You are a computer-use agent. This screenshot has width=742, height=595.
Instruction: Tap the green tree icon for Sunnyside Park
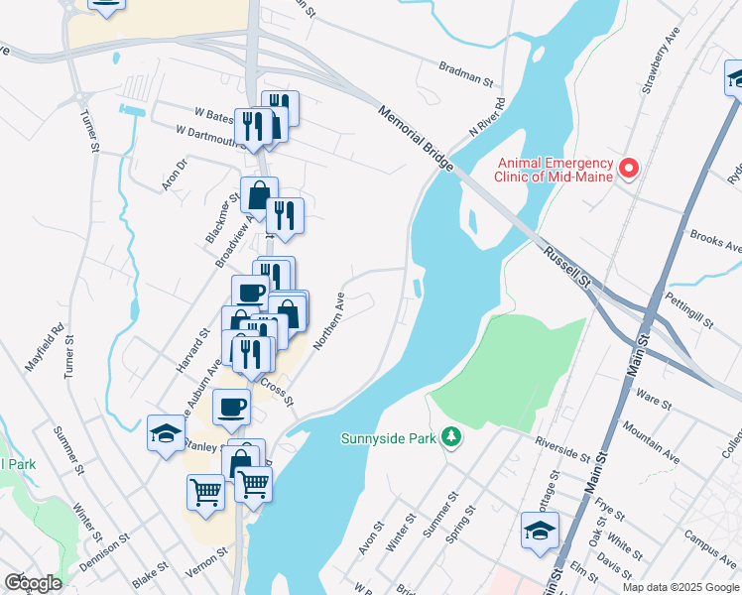click(451, 437)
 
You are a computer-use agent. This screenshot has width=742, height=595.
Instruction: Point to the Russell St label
click(566, 269)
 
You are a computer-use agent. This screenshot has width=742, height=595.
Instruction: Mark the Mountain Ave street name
click(651, 443)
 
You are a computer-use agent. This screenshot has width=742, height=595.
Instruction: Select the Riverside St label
click(561, 448)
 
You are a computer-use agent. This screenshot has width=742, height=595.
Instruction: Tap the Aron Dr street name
click(174, 176)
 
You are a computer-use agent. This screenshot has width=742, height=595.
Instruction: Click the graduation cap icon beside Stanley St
click(166, 431)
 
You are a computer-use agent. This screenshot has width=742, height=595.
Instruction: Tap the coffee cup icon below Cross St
click(232, 406)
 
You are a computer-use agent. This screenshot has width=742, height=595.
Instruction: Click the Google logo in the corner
click(33, 582)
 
